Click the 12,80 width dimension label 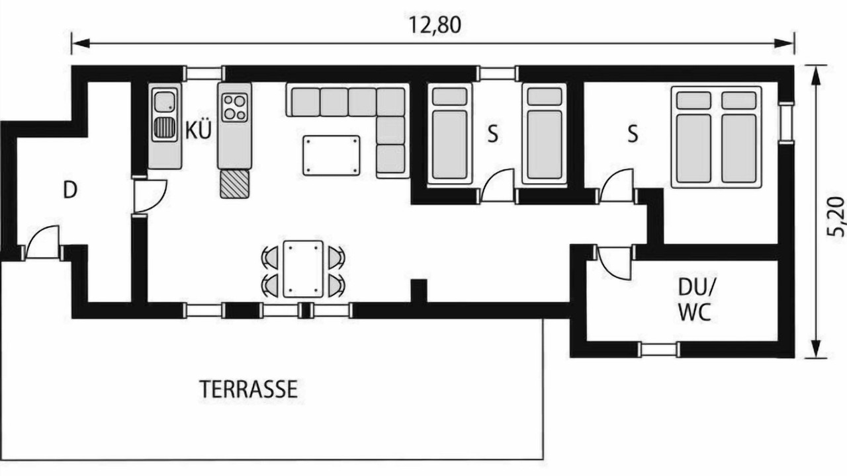tap(435, 25)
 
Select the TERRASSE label tap(248, 389)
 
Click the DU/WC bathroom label tap(695, 305)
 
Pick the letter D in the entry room tap(70, 190)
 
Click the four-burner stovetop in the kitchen tap(234, 108)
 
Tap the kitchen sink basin tap(165, 102)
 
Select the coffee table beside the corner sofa tap(332, 155)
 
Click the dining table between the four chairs tap(303, 268)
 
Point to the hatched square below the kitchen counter tap(235, 184)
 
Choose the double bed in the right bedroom tap(716, 137)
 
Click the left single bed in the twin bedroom tap(449, 134)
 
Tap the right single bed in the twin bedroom tap(545, 134)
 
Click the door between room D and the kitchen tap(150, 196)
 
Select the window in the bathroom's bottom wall tap(658, 350)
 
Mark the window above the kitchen tap(204, 73)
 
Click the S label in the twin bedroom tap(493, 134)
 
